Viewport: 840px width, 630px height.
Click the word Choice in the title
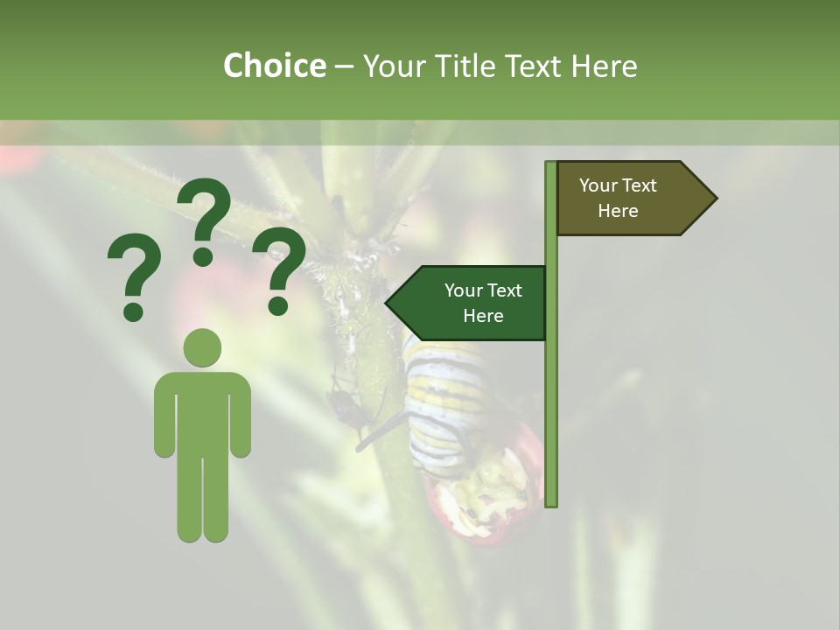click(x=274, y=66)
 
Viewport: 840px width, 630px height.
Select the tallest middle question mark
click(x=204, y=219)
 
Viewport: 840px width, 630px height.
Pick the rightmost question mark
click(x=279, y=269)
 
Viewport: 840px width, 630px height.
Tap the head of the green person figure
click(x=202, y=347)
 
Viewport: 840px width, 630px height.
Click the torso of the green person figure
click(x=202, y=411)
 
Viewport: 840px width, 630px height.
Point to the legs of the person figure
click(x=202, y=499)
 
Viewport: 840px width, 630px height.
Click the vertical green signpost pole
click(x=551, y=394)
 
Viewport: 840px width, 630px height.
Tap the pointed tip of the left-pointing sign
click(x=388, y=303)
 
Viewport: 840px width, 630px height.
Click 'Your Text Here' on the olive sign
click(x=618, y=198)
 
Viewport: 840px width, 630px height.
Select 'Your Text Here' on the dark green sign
click(x=483, y=303)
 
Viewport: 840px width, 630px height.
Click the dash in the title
click(x=344, y=66)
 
